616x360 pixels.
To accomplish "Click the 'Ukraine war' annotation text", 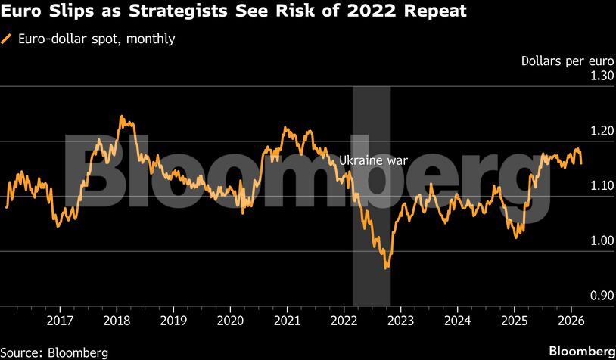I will [373, 160].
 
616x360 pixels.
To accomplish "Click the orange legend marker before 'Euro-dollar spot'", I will [8, 39].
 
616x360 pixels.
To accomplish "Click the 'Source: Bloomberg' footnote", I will [54, 352].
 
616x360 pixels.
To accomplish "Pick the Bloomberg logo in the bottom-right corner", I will [580, 351].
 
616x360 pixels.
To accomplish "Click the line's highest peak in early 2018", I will [122, 116].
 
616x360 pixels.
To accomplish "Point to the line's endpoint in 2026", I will [581, 163].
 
